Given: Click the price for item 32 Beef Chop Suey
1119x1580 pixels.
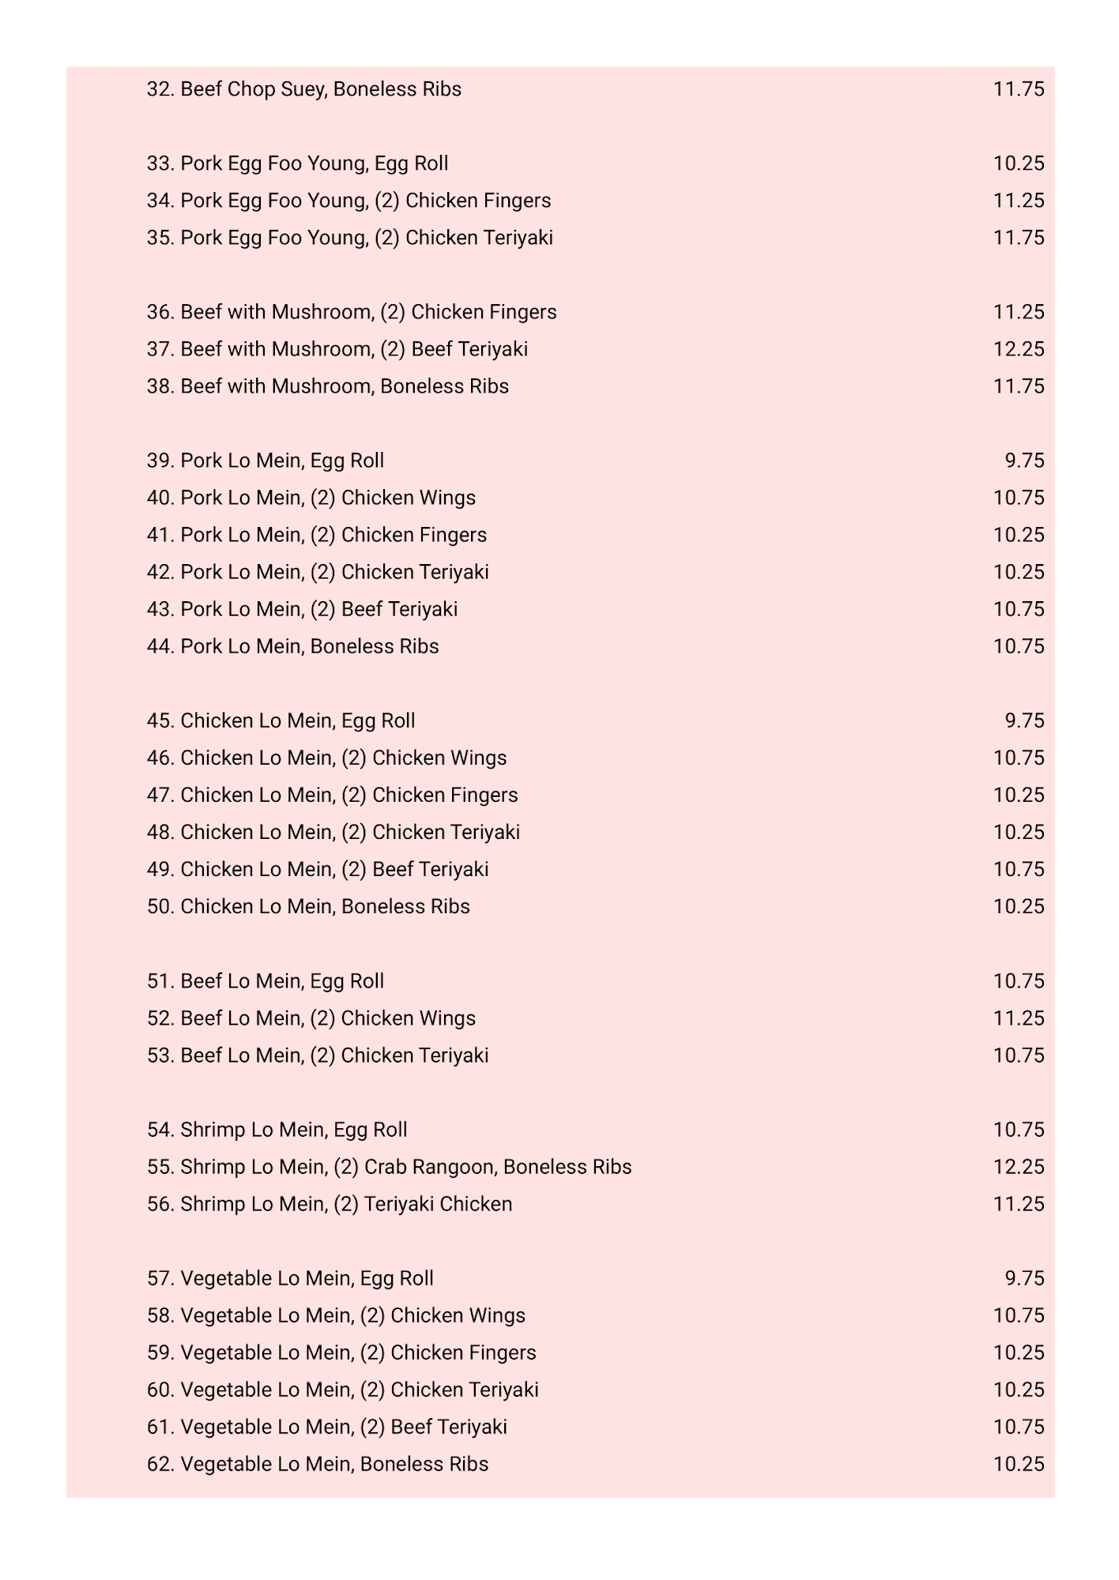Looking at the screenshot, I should coord(1018,89).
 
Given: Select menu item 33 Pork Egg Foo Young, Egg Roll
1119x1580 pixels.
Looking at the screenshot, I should coord(297,164).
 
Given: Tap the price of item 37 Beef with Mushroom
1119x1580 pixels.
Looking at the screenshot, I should coord(1018,349).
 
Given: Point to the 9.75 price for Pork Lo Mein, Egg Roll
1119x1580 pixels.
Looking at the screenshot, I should coord(1024,461).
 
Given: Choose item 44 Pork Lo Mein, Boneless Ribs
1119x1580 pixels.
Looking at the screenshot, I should coord(292,646).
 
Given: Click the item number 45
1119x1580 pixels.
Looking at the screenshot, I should coord(160,720).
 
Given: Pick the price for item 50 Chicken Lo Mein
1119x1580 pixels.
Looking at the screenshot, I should coord(1018,906).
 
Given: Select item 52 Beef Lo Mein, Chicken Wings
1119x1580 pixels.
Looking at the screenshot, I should coord(311,1018).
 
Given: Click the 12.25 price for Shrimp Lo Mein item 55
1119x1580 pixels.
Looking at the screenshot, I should coord(1018,1167).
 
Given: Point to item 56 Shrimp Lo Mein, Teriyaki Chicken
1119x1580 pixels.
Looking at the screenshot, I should coord(329,1204).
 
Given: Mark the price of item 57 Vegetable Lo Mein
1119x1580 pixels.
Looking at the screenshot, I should coord(1024,1278).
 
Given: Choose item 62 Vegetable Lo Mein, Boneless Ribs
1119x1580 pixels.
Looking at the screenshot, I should coord(317,1464).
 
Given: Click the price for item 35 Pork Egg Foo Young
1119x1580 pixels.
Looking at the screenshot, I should coord(1018,238).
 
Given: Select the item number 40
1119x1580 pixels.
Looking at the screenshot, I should coord(160,498).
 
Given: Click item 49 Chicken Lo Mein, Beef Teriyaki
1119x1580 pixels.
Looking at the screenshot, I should coord(317,869).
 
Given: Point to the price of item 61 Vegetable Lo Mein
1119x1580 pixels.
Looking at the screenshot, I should coord(1018,1427).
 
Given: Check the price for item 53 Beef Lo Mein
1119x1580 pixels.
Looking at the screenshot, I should coord(1018,1055).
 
